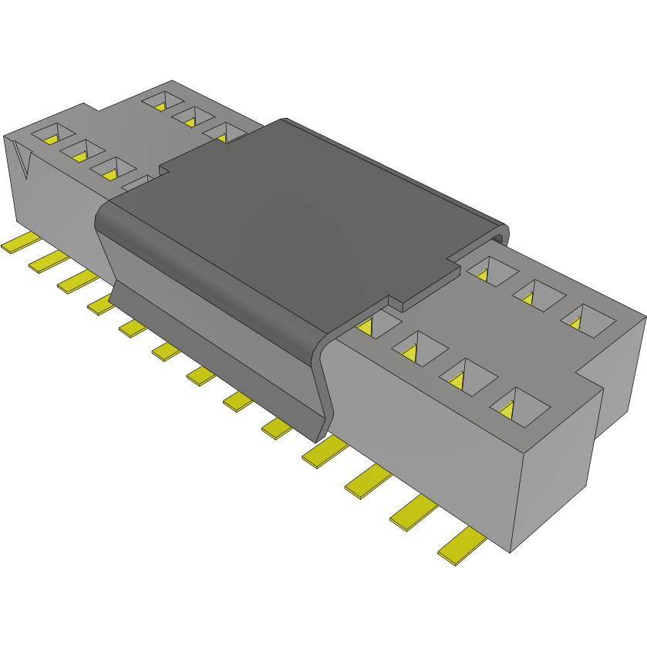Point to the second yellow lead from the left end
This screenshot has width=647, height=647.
tap(49, 261)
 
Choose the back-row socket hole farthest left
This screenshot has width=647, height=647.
tap(163, 100)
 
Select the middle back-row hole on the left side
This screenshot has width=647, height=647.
tap(193, 117)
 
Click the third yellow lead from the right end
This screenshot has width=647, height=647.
tap(369, 482)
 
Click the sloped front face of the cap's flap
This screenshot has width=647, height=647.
tap(208, 293)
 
